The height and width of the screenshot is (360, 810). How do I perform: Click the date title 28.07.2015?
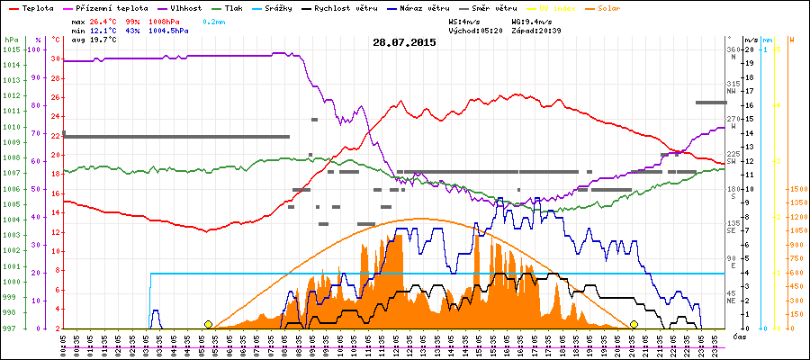(404, 42)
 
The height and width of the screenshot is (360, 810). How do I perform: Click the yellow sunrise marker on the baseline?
(209, 324)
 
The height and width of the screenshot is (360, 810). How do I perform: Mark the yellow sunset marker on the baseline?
(634, 324)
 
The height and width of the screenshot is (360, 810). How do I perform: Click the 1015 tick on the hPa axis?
(11, 49)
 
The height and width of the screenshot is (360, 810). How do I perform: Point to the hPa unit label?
(11, 40)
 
